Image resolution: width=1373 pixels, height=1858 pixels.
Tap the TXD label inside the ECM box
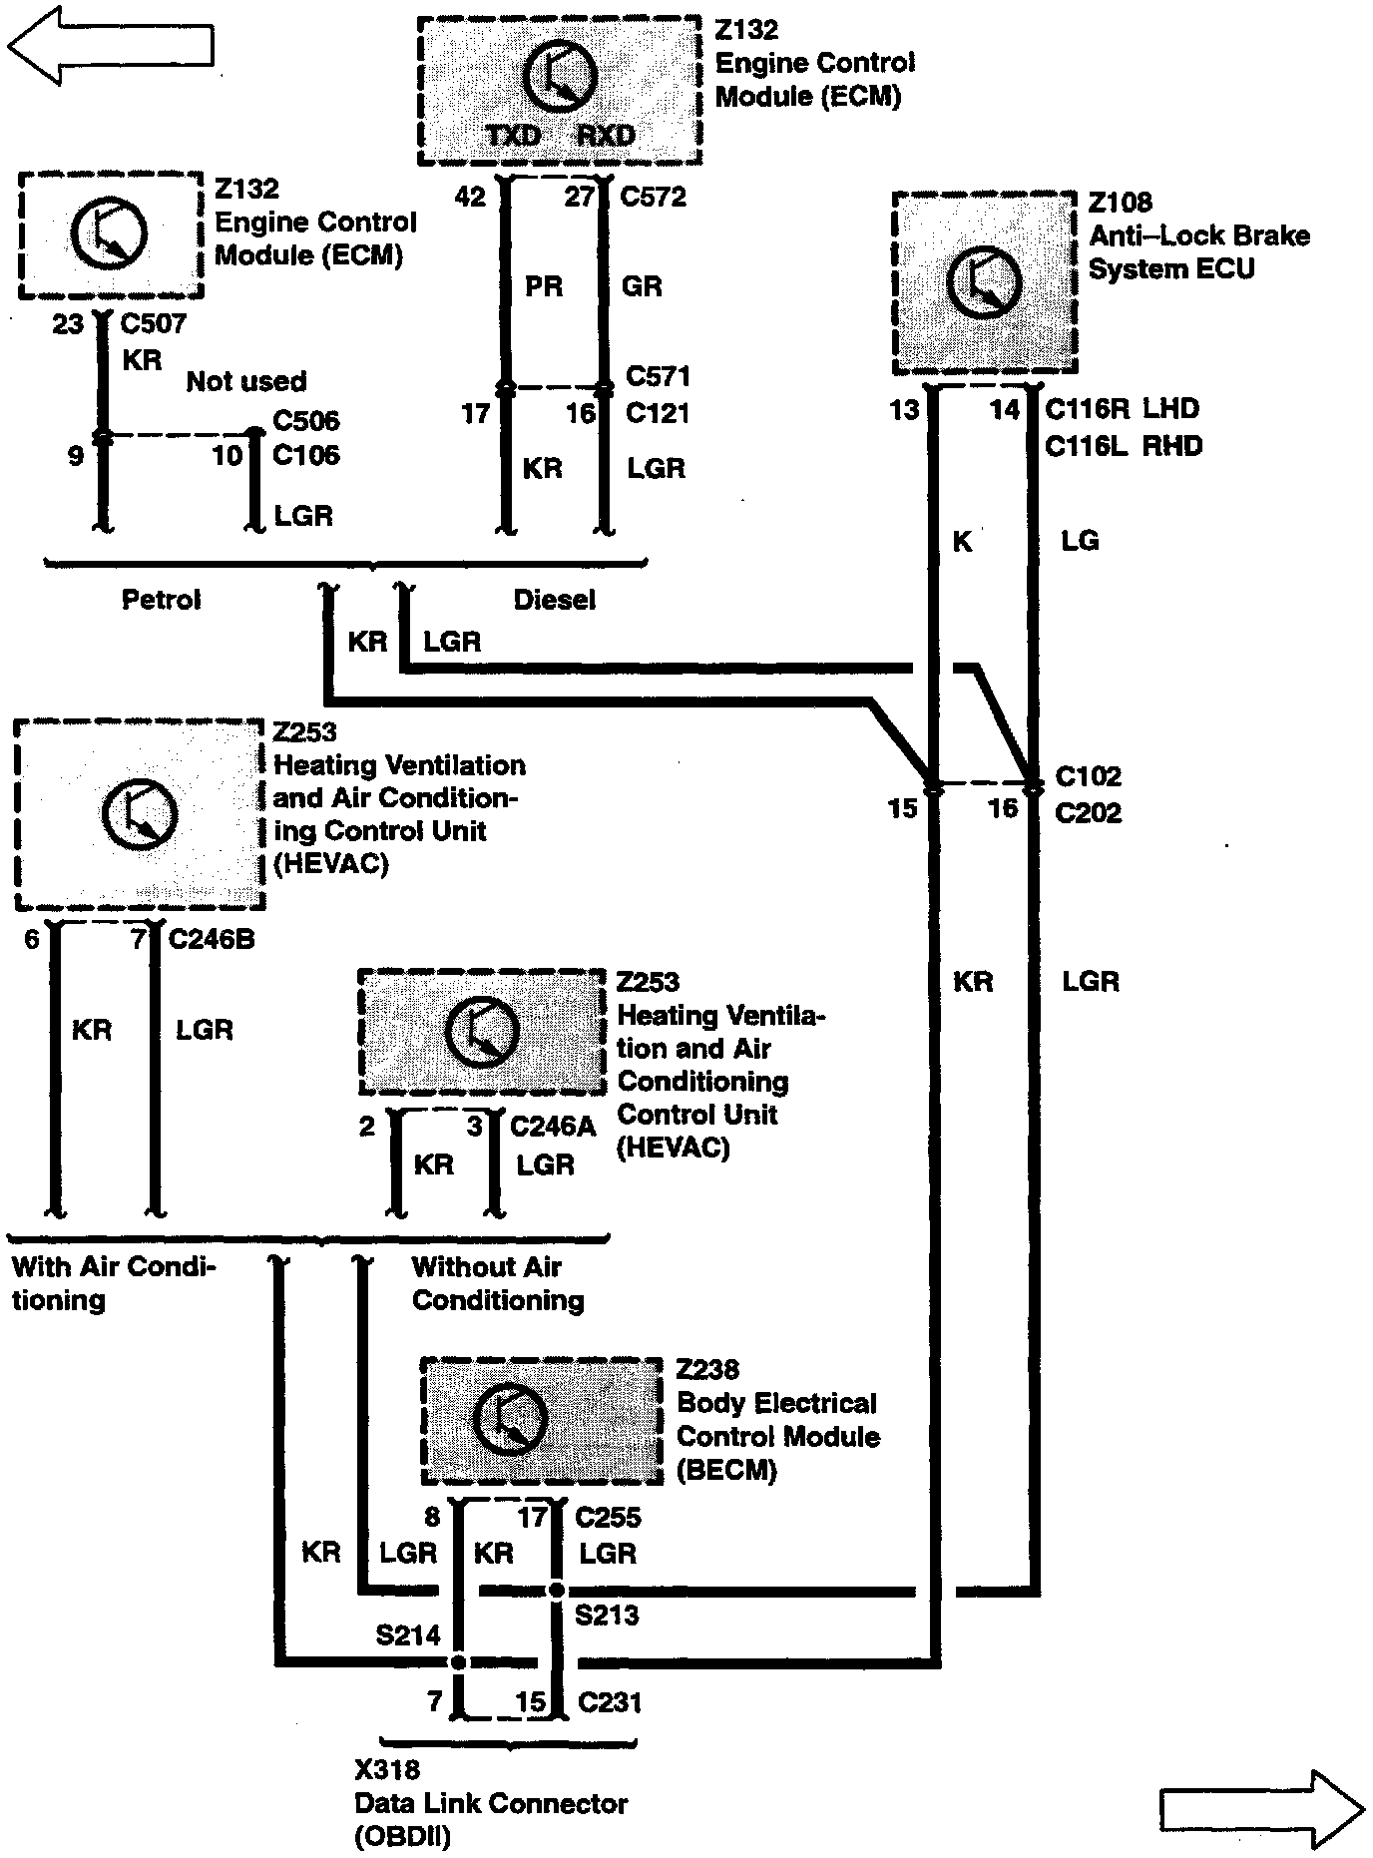click(x=513, y=136)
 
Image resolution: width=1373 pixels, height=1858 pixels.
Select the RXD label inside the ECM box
click(x=606, y=136)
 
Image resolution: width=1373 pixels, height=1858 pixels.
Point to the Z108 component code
click(x=1120, y=203)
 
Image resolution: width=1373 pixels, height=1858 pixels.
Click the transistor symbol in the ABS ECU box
click(x=984, y=282)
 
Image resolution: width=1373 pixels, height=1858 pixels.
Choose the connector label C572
click(x=653, y=197)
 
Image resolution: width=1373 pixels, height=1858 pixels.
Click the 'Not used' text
click(x=246, y=381)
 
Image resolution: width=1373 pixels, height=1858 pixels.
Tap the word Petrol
click(x=161, y=600)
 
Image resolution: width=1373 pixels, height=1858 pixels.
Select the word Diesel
click(x=554, y=600)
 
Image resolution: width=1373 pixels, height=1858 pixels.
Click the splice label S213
click(x=607, y=1615)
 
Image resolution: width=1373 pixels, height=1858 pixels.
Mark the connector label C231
click(x=610, y=1702)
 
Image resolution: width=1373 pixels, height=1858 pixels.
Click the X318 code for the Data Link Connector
click(x=387, y=1770)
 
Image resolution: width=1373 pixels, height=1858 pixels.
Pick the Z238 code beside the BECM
click(x=707, y=1369)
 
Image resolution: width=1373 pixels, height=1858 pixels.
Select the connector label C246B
click(x=212, y=940)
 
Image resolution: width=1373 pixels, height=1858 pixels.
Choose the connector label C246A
click(x=553, y=1127)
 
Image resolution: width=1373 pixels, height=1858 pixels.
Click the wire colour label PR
click(x=544, y=286)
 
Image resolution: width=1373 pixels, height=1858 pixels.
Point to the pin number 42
click(x=470, y=197)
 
